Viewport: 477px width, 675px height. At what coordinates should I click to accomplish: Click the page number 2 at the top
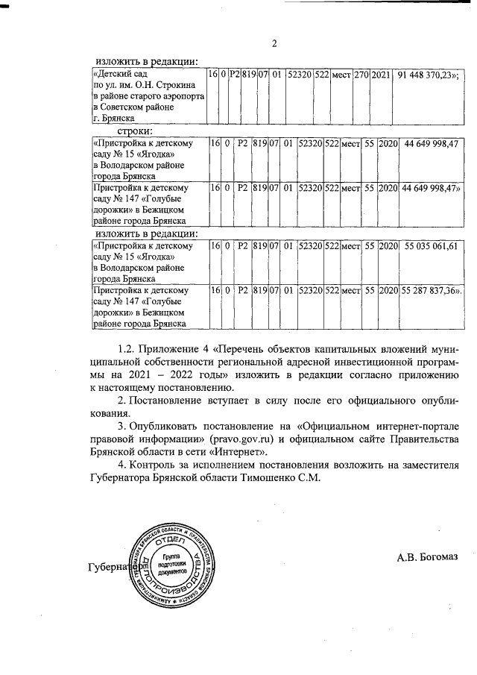pos(274,43)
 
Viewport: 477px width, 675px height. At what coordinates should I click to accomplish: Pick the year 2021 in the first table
pos(380,75)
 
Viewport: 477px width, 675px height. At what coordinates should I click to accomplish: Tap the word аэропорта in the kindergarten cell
pos(180,97)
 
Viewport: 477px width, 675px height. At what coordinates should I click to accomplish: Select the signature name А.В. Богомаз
pos(427,556)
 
